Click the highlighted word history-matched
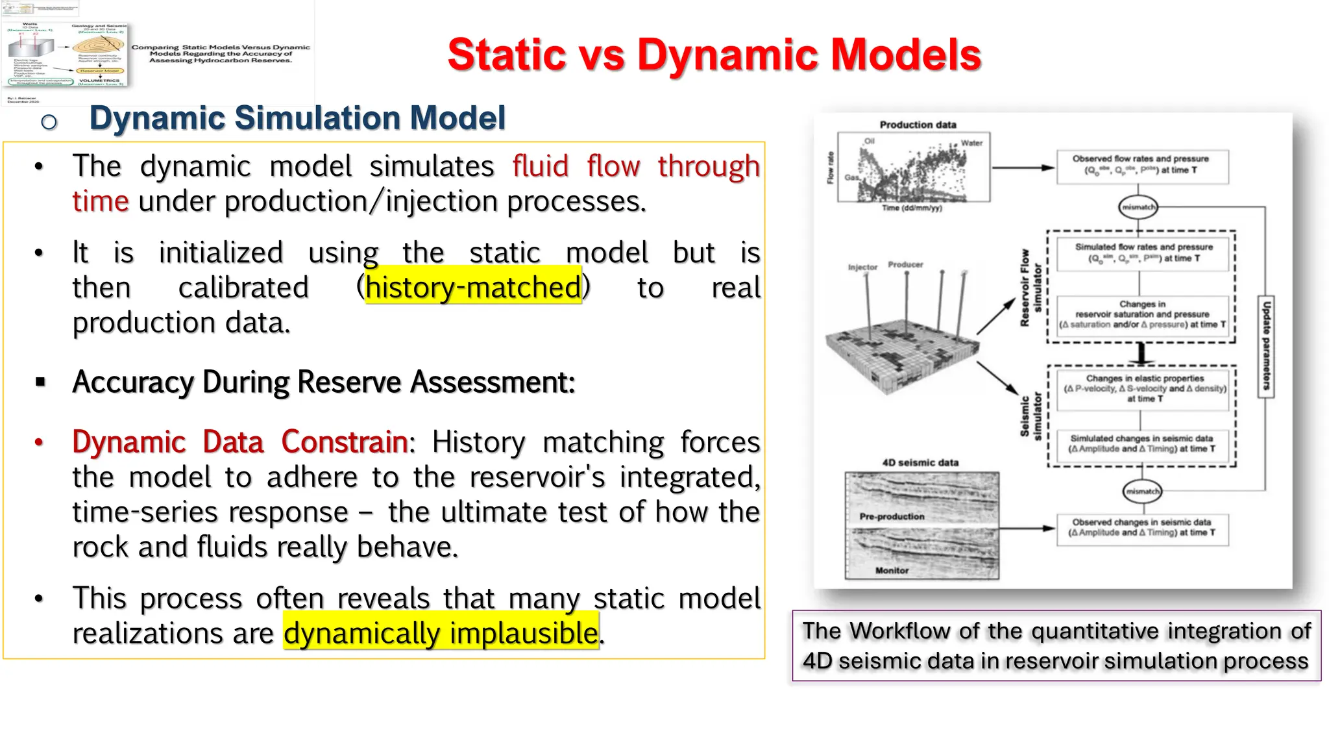click(x=474, y=287)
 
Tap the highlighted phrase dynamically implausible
click(x=441, y=633)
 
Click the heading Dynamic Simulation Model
click(x=297, y=118)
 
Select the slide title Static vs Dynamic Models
click(x=714, y=55)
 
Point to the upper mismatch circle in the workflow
click(x=1138, y=207)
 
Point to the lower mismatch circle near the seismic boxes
click(x=1141, y=492)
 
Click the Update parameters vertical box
click(x=1265, y=347)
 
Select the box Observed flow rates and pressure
click(x=1140, y=165)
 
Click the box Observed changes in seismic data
click(x=1141, y=527)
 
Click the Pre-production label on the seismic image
click(x=892, y=517)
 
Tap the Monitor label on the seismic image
click(x=892, y=571)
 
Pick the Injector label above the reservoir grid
click(x=862, y=268)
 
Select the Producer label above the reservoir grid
click(x=905, y=265)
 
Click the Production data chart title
click(x=918, y=125)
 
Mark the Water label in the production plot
click(x=971, y=143)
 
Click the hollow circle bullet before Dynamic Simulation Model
click(x=49, y=121)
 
